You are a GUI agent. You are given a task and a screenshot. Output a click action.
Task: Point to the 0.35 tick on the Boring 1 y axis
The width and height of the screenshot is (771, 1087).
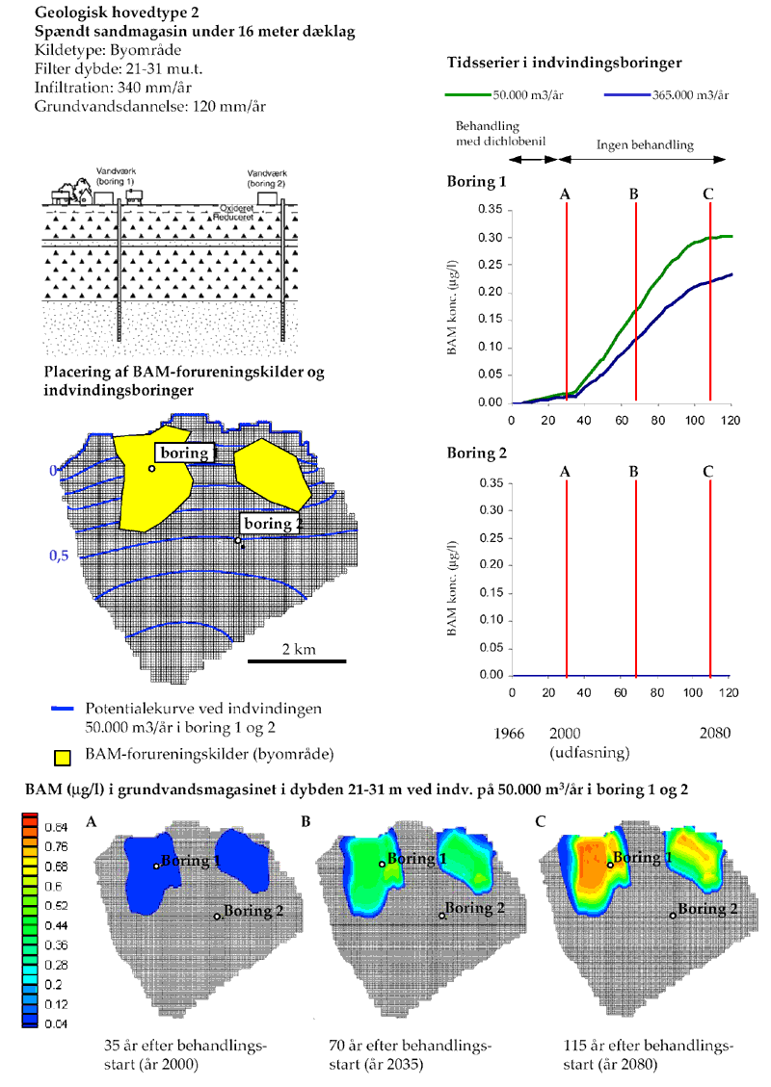click(x=491, y=209)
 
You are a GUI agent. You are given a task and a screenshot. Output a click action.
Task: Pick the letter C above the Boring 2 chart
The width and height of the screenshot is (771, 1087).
click(x=708, y=472)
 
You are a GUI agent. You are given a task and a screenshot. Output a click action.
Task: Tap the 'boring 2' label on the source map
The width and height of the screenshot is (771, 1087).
click(x=272, y=524)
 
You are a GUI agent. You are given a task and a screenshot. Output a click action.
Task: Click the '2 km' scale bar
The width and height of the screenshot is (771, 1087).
click(x=298, y=660)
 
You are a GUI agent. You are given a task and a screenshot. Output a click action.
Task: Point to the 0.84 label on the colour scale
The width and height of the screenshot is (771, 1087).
click(x=57, y=828)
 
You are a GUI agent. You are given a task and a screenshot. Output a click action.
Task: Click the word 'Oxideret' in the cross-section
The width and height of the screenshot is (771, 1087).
click(x=237, y=208)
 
